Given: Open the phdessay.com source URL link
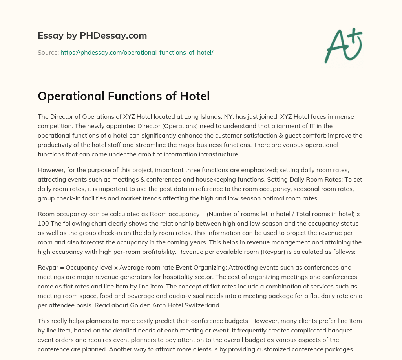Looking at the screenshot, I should click(137, 52).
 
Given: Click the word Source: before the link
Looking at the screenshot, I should click(48, 52).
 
